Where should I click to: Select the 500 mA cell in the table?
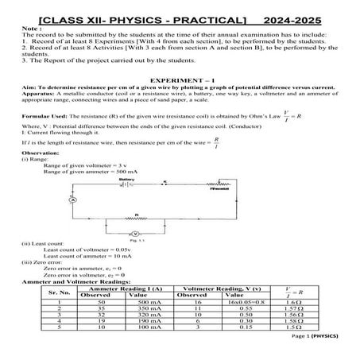[151, 303]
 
